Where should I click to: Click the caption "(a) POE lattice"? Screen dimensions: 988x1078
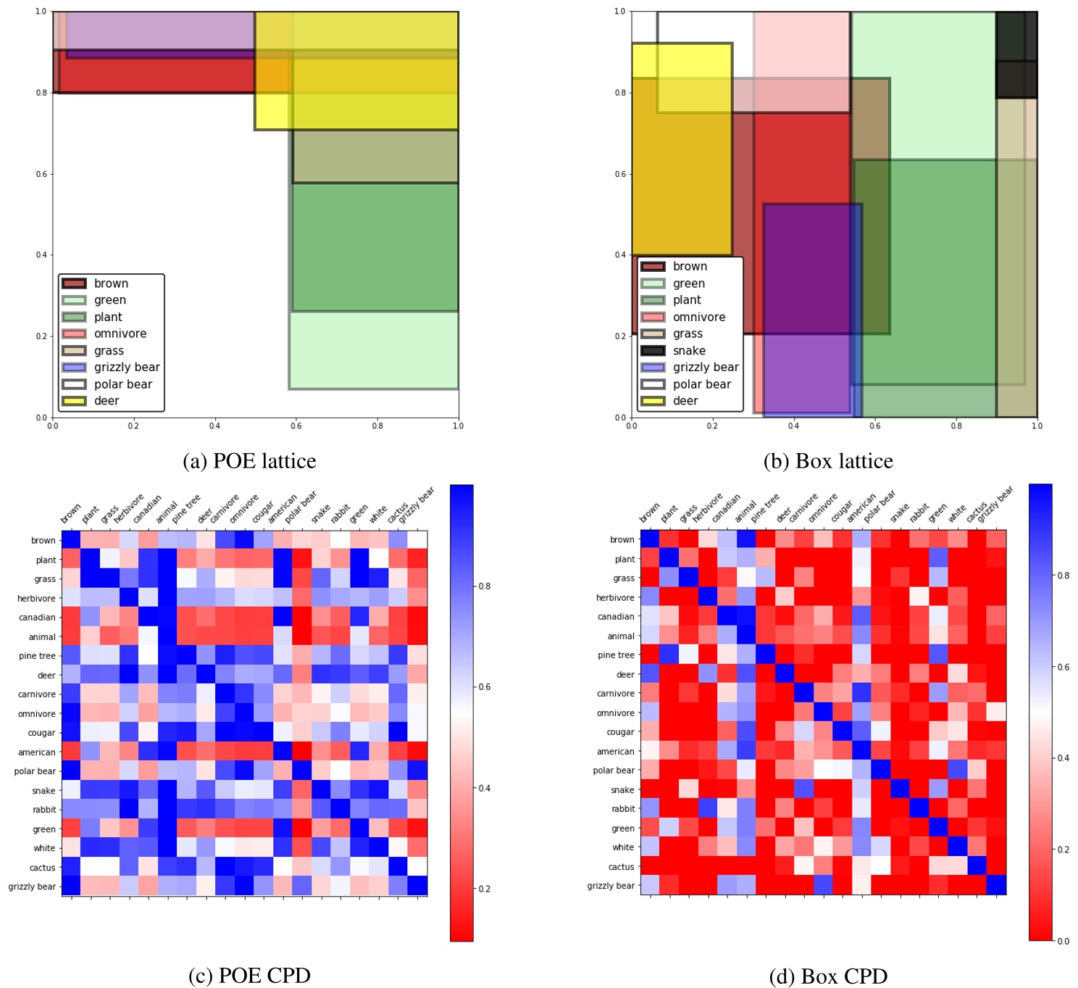tap(249, 461)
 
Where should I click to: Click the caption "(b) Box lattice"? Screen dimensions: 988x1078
tap(828, 461)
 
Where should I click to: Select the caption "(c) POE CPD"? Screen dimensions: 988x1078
tap(249, 976)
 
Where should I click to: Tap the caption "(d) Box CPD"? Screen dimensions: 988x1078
tap(828, 976)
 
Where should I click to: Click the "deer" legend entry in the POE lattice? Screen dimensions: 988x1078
tap(106, 401)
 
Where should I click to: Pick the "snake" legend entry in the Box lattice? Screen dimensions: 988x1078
tap(688, 351)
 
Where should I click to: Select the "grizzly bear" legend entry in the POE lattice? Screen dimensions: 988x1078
tap(126, 368)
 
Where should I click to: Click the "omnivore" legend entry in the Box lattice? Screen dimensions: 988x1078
tap(698, 317)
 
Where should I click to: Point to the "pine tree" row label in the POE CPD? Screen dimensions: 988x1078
tap(37, 656)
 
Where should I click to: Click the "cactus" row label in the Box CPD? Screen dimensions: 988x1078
tap(621, 867)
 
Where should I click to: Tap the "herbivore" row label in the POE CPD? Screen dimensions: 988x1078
tap(36, 599)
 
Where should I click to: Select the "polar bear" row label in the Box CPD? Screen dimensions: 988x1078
tap(613, 771)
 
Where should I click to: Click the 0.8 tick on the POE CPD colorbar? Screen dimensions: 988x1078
tap(484, 586)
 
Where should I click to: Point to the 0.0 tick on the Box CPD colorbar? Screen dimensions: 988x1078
tap(1063, 941)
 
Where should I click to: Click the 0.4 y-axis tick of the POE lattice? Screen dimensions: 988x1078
tap(41, 255)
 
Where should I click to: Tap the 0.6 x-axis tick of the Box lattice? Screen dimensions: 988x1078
tap(875, 425)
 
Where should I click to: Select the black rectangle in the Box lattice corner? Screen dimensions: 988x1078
tap(1016, 54)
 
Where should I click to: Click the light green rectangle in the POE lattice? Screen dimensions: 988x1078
tap(374, 351)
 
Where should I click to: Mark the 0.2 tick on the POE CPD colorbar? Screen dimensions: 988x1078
tap(484, 889)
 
